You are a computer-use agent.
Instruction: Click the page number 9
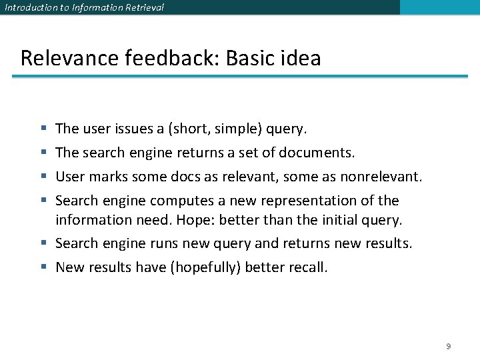(449, 346)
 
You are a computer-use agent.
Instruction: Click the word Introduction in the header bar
(29, 7)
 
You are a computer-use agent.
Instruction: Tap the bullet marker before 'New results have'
(43, 267)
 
